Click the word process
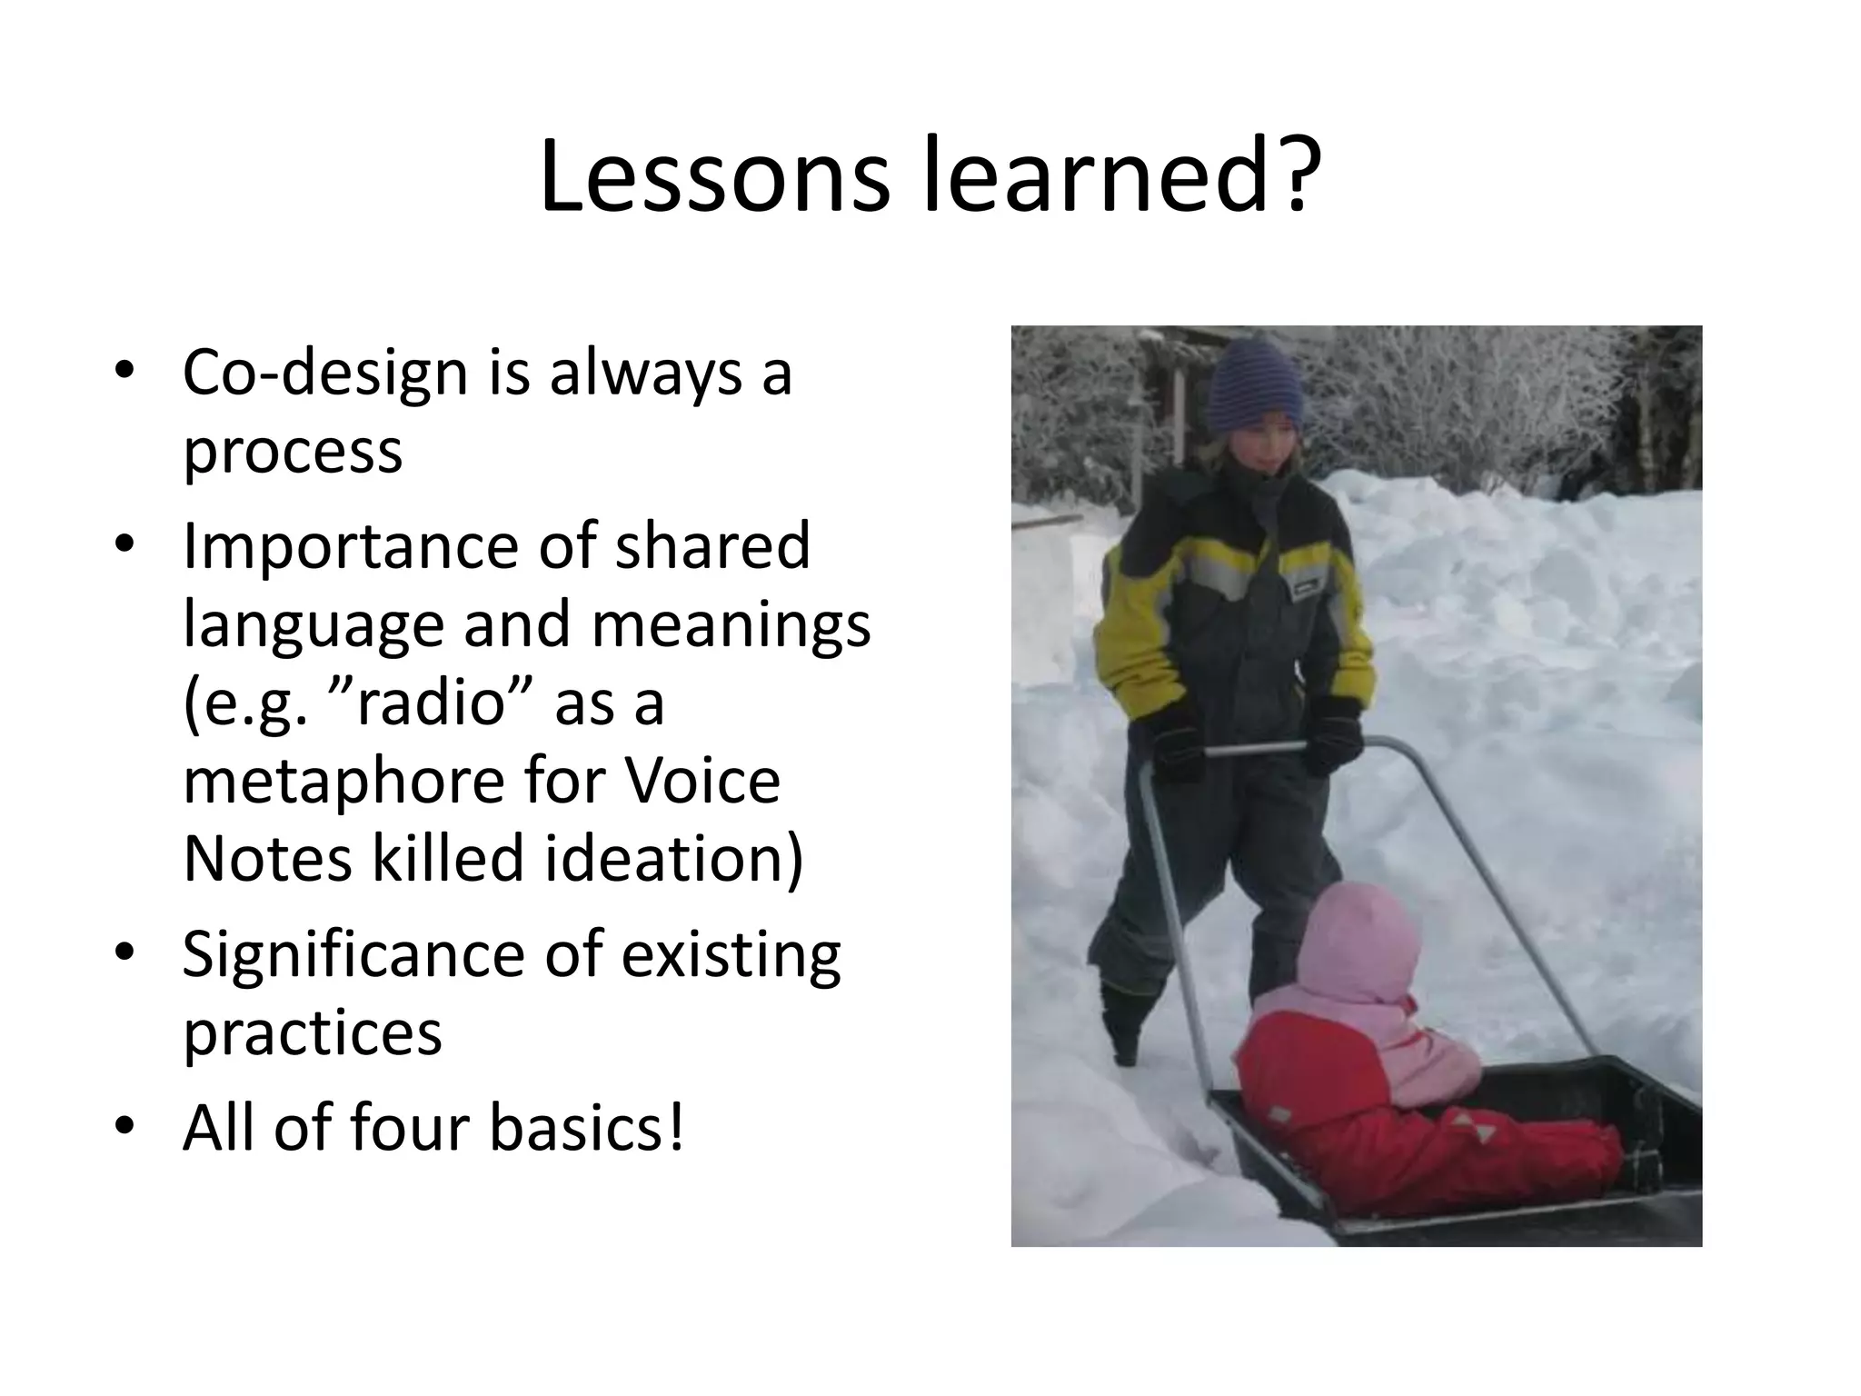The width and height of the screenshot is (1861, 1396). click(x=293, y=452)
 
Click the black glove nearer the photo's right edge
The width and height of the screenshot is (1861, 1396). click(x=1332, y=733)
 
